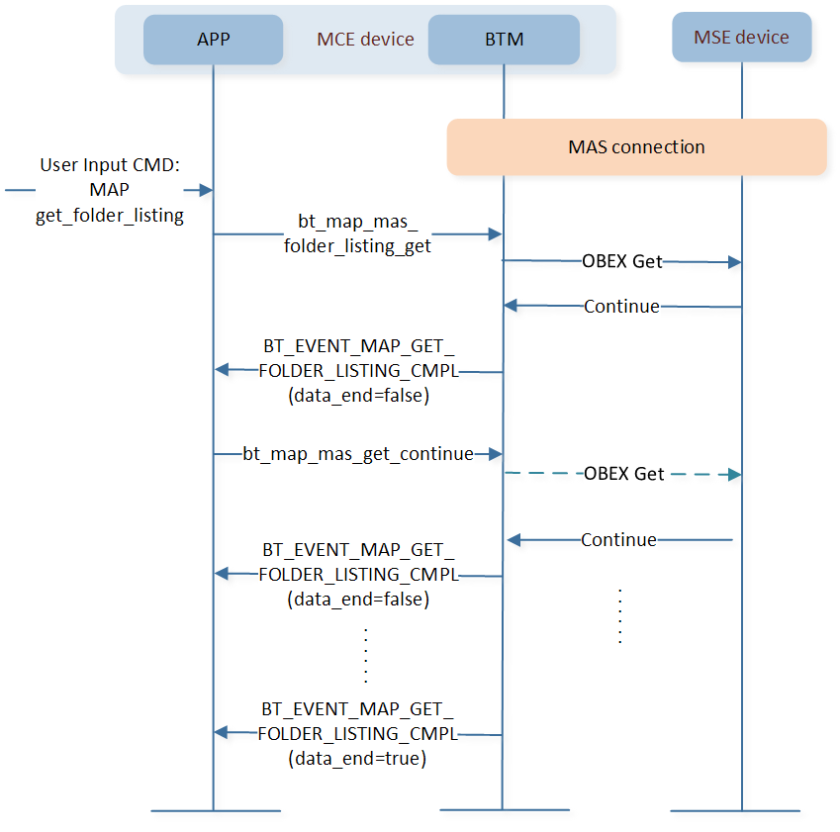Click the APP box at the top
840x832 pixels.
click(213, 40)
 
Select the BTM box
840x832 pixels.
click(504, 40)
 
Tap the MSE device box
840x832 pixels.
click(741, 37)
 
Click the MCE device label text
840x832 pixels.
click(365, 40)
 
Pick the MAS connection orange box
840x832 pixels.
click(636, 146)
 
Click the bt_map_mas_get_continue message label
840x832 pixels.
click(358, 454)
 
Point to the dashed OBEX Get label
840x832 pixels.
click(623, 474)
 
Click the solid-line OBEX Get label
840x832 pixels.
click(622, 261)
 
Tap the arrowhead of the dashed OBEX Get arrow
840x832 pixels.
click(734, 475)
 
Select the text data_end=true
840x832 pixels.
click(357, 759)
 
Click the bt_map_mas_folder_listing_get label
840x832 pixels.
click(357, 233)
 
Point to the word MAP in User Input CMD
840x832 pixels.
click(109, 190)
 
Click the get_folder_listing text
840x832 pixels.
click(109, 216)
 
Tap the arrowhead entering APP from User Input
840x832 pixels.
click(206, 190)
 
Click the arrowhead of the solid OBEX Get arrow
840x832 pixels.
click(734, 262)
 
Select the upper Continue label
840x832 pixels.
click(621, 307)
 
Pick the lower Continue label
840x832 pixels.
click(618, 540)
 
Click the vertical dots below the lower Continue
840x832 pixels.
click(619, 616)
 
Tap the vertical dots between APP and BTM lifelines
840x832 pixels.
click(366, 656)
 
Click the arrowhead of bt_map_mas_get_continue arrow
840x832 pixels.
click(495, 454)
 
